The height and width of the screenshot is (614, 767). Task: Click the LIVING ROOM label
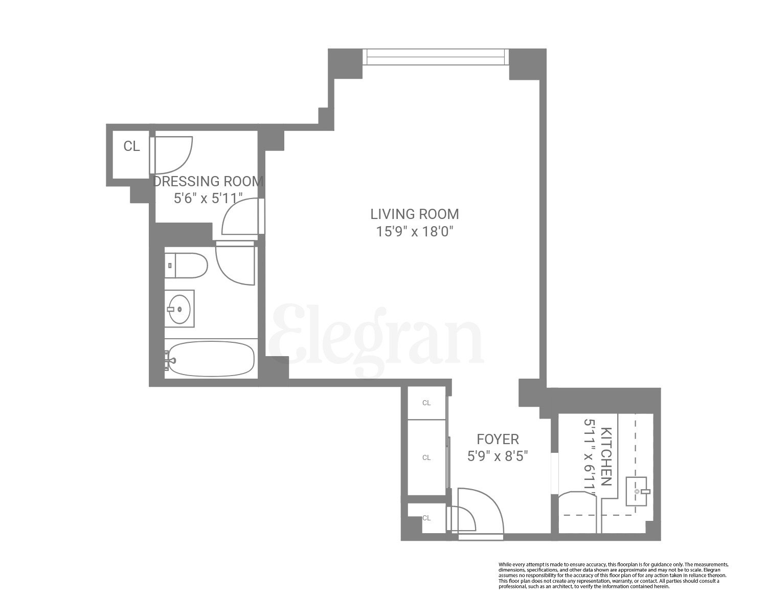point(415,213)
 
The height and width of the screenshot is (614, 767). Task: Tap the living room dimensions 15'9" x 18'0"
point(415,232)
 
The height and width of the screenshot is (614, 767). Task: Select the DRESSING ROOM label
point(209,181)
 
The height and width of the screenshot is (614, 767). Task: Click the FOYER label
point(498,438)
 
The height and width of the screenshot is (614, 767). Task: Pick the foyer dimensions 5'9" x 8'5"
point(498,455)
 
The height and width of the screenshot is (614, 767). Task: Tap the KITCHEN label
point(606,456)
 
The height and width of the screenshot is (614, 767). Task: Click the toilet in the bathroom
point(187,266)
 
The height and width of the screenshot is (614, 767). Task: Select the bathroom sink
point(180,309)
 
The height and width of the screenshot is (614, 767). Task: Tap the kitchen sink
point(638,492)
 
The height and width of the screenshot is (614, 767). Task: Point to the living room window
point(436,57)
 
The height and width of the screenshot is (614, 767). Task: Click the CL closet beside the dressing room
point(131,146)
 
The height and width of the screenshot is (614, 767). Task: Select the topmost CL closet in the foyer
point(426,403)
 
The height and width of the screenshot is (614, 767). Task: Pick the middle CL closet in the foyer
point(426,457)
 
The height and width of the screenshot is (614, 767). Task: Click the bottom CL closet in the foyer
point(426,518)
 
